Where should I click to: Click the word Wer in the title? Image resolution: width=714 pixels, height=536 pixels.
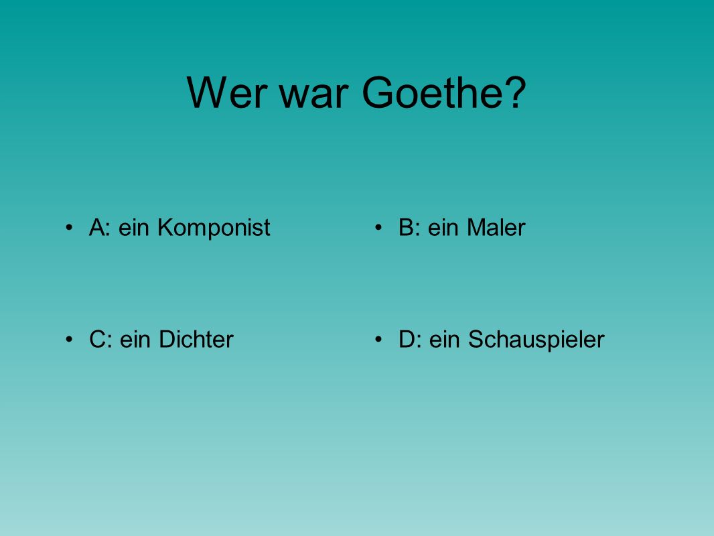click(226, 92)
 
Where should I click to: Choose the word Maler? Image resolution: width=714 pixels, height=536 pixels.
click(496, 227)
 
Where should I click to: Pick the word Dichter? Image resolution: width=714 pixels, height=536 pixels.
click(196, 339)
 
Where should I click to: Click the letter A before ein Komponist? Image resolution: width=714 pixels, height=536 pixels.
click(97, 227)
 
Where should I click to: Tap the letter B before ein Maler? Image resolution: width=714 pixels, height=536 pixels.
click(406, 227)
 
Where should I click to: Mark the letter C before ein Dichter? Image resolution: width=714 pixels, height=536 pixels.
click(97, 339)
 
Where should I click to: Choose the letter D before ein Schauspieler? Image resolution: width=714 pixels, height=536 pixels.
click(407, 339)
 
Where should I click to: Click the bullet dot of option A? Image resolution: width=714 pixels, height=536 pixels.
click(69, 226)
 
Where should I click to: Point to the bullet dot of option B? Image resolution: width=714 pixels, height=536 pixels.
click(378, 226)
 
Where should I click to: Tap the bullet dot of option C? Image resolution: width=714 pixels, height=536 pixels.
click(69, 339)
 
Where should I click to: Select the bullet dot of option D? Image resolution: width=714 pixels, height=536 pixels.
click(378, 339)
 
